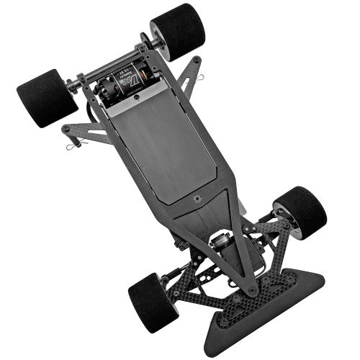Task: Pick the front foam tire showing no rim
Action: [x=152, y=302]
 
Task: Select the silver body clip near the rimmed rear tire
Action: [x=204, y=78]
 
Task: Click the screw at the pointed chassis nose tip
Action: [x=251, y=290]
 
